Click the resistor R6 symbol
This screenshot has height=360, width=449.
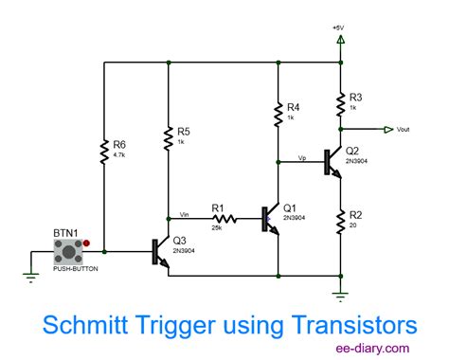click(102, 151)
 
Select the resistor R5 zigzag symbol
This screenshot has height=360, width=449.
click(168, 135)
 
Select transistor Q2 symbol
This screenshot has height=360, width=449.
click(332, 160)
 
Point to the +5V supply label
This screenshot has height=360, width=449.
click(339, 27)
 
